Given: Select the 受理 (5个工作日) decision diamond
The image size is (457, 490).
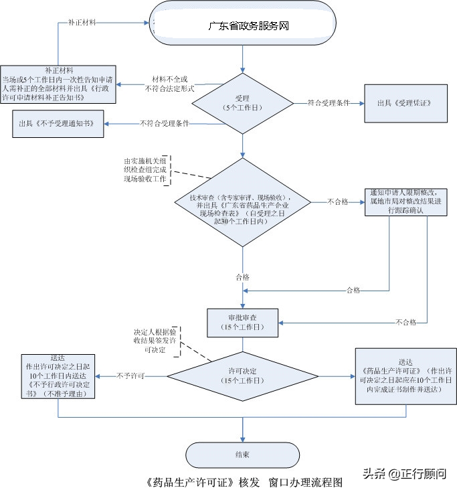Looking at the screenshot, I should pyautogui.click(x=243, y=103).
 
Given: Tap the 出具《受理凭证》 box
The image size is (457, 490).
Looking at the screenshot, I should pyautogui.click(x=405, y=104).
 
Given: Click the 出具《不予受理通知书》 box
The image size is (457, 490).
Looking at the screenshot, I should pyautogui.click(x=58, y=124).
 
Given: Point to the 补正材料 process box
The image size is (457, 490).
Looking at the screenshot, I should pyautogui.click(x=58, y=84).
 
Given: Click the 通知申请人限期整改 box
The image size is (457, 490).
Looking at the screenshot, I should pyautogui.click(x=405, y=201).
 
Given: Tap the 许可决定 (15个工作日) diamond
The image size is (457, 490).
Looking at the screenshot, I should pyautogui.click(x=242, y=375).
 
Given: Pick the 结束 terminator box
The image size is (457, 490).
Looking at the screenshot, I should pyautogui.click(x=242, y=455).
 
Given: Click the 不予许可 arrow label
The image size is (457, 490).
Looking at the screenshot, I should pyautogui.click(x=131, y=376).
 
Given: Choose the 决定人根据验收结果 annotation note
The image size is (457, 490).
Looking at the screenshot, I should pyautogui.click(x=155, y=341).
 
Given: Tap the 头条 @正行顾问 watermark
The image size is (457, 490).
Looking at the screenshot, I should pyautogui.click(x=404, y=474).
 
